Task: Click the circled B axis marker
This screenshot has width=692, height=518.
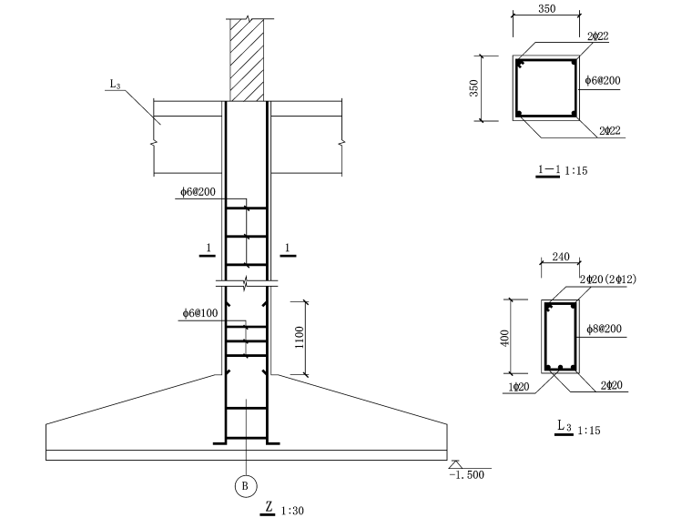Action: [x=245, y=486]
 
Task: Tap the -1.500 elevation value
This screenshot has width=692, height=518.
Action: [x=466, y=475]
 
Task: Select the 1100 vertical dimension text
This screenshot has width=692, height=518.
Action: [x=300, y=338]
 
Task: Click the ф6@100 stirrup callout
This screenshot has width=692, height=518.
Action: [x=200, y=313]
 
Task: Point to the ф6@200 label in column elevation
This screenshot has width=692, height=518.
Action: [x=198, y=192]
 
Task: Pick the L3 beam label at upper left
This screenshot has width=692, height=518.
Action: [x=115, y=84]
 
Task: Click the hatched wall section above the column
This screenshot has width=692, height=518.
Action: [x=247, y=60]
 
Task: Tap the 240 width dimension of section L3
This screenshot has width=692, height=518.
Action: [x=561, y=257]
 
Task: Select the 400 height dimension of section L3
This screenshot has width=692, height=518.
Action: [x=505, y=338]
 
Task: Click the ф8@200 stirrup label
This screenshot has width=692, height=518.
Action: [x=604, y=329]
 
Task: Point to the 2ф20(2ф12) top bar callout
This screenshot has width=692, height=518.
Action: [x=607, y=279]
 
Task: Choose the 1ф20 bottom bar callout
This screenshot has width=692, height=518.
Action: [x=519, y=387]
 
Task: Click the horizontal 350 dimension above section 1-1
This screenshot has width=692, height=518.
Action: [x=547, y=9]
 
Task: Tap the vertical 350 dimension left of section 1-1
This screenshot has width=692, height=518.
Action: [x=473, y=88]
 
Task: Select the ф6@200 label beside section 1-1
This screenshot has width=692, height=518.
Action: [x=603, y=80]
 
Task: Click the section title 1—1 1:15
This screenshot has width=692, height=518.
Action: [x=562, y=170]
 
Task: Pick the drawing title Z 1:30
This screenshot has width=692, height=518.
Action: [x=282, y=509]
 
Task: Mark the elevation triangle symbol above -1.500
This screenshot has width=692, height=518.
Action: [x=455, y=464]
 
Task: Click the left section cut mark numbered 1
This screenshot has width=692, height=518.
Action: [x=208, y=249]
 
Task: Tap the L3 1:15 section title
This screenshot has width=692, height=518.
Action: [x=577, y=428]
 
